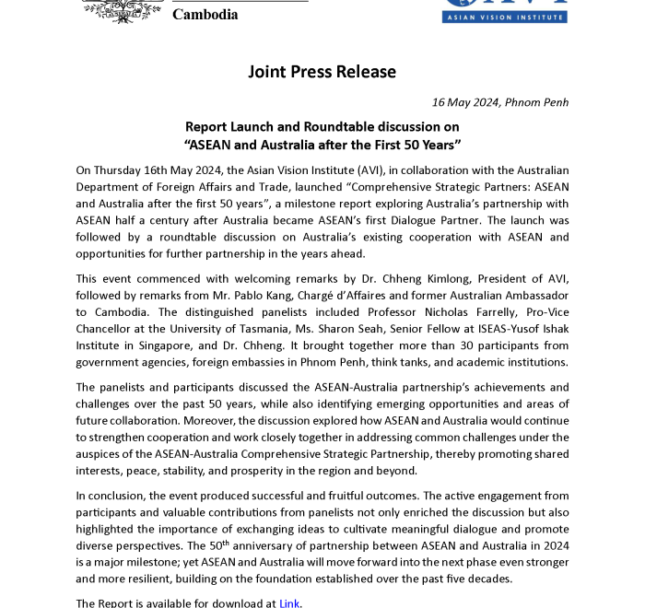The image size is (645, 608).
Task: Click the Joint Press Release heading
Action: click(x=322, y=72)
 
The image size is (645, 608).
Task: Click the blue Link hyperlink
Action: click(x=289, y=603)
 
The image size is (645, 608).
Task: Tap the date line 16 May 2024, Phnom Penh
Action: click(x=500, y=102)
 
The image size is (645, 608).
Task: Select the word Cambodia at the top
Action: click(x=205, y=15)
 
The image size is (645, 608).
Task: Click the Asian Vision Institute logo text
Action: click(x=505, y=17)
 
